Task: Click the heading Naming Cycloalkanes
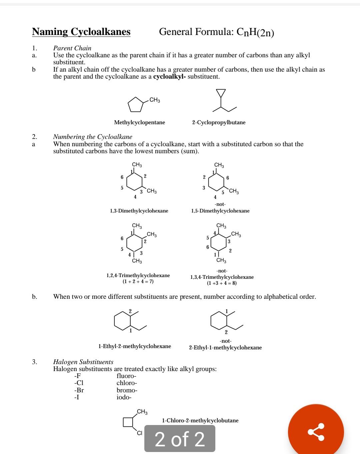tap(81, 32)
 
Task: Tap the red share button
tap(316, 432)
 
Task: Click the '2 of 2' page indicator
tap(180, 439)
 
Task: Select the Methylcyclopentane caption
tap(139, 123)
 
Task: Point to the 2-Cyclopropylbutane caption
tap(219, 123)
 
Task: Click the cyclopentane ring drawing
tap(135, 105)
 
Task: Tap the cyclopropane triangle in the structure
tap(221, 93)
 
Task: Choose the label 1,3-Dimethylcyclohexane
tap(139, 211)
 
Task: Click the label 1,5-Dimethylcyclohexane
tap(220, 211)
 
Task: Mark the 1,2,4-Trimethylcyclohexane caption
tap(138, 275)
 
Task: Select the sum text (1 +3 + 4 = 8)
tap(222, 283)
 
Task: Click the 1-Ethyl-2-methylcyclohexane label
tap(135, 346)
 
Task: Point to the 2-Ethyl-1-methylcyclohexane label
tap(225, 348)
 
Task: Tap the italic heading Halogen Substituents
tap(83, 362)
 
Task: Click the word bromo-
tap(127, 390)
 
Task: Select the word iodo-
tap(124, 397)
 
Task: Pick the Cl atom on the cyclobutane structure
tap(139, 433)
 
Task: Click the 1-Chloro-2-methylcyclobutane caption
tap(200, 420)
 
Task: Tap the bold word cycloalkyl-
tap(169, 77)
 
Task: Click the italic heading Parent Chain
tap(72, 48)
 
